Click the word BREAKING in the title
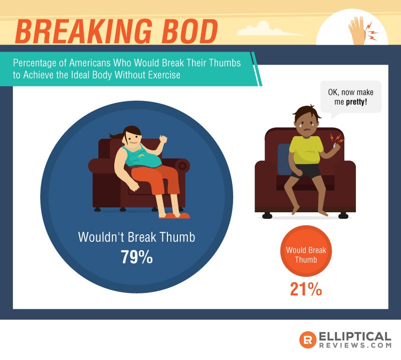tap(84, 32)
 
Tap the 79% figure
tap(137, 257)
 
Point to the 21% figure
tap(306, 289)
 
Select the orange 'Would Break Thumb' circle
tap(306, 251)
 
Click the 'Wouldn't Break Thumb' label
tap(136, 237)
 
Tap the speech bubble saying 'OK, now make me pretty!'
tap(350, 97)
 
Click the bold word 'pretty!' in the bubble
tap(356, 102)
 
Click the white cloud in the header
tap(266, 29)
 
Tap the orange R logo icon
tap(308, 339)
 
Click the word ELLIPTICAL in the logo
tap(355, 336)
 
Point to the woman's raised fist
tap(163, 139)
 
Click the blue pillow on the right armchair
tap(283, 159)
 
